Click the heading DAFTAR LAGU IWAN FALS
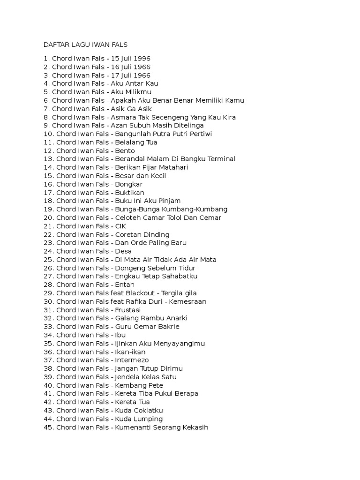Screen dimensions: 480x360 pos(85,45)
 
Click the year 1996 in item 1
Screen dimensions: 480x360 pos(142,59)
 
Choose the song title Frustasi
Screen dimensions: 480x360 pos(128,310)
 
